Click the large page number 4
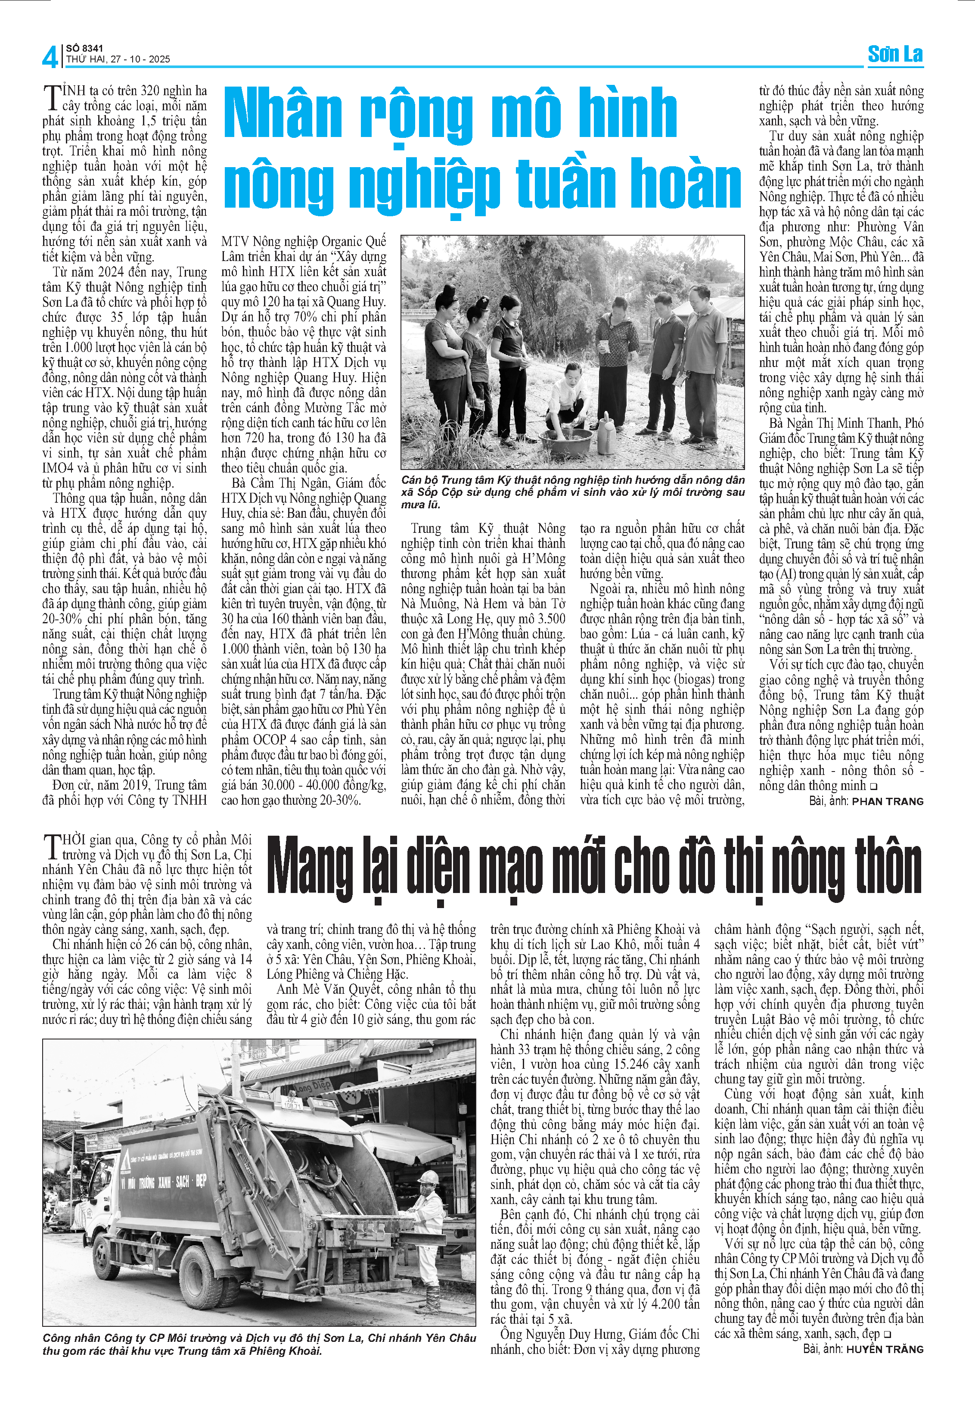[x=49, y=57]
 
